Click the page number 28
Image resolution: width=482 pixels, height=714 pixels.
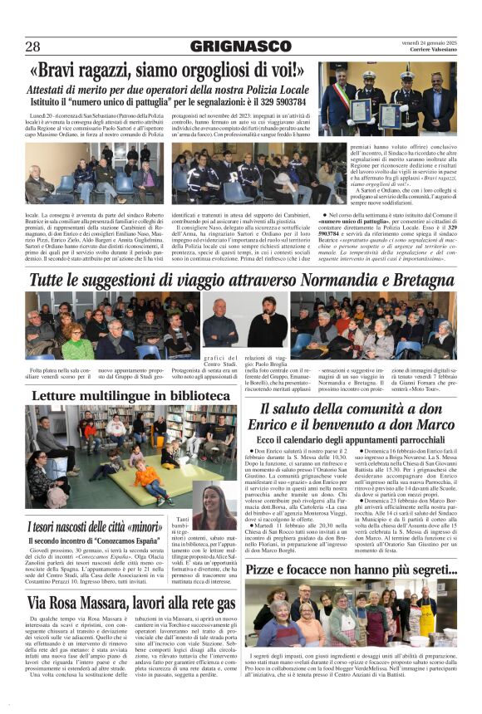[33, 46]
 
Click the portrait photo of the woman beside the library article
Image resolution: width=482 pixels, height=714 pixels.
[214, 506]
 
